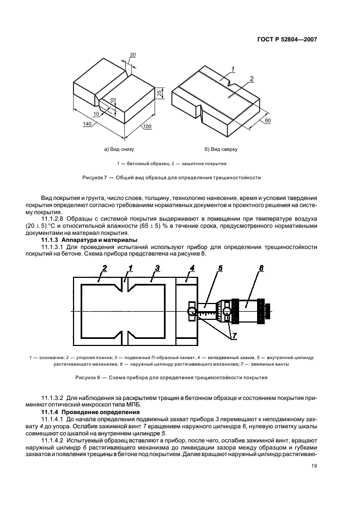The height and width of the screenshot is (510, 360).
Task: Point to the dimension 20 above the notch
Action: (133, 54)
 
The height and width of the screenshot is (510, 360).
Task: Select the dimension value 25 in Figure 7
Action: (160, 94)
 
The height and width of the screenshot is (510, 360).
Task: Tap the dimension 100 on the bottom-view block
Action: (147, 127)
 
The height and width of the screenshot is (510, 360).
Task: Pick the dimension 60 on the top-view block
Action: (267, 120)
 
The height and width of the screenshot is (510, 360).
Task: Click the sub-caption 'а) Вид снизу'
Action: (119, 149)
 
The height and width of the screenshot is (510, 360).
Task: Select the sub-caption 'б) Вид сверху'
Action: (222, 149)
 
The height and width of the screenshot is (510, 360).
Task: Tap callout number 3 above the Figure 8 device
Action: (157, 268)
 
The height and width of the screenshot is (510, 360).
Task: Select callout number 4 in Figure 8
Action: (192, 268)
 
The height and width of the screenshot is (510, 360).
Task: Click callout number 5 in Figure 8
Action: (221, 268)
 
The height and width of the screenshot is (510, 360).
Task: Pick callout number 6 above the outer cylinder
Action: (261, 268)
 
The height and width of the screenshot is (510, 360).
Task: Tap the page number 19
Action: (314, 466)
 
